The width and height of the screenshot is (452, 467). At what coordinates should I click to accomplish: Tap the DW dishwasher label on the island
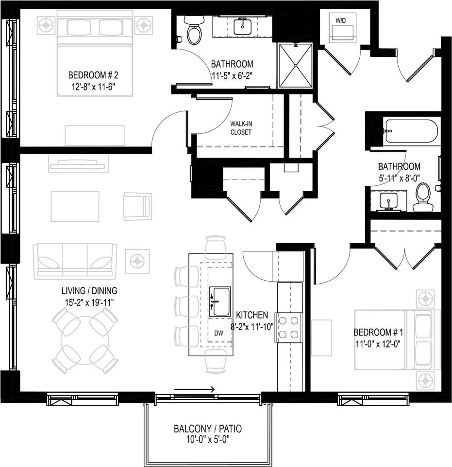219,334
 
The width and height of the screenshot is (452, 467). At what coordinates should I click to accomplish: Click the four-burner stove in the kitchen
288,327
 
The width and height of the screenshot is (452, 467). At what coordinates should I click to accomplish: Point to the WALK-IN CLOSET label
241,128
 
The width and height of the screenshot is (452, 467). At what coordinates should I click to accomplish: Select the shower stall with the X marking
295,65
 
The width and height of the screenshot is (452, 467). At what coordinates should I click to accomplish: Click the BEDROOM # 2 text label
93,75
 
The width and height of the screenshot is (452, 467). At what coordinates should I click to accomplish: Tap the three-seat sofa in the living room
75,261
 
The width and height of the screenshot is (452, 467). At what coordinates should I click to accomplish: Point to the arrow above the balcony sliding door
194,389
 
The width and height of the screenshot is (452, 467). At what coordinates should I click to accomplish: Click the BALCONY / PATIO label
207,429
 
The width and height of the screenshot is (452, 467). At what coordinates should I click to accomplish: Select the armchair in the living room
137,206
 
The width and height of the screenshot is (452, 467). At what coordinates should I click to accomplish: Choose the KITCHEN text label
252,315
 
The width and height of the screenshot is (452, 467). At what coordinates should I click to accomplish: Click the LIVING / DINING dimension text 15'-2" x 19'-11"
89,302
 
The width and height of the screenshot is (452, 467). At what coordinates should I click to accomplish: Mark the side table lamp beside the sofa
137,261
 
